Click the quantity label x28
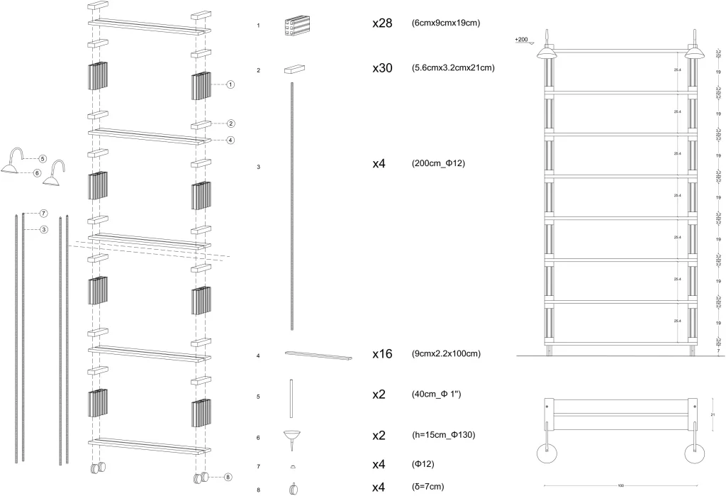point(384,23)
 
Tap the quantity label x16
point(384,353)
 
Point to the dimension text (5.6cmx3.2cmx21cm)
point(452,68)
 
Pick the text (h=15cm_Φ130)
point(442,435)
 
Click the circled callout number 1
point(231,84)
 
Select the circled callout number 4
point(231,140)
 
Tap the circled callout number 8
point(228,477)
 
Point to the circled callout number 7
point(43,213)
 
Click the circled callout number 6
point(38,172)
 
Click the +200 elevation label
point(522,40)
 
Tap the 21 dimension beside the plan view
point(713,414)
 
